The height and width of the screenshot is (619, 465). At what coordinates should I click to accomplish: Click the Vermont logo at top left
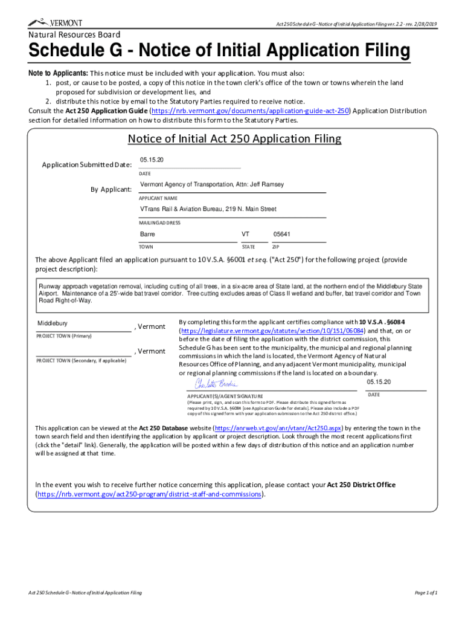pos(55,22)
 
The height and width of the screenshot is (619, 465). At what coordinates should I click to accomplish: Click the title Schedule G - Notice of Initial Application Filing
pos(219,51)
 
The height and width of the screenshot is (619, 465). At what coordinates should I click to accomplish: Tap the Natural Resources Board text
pos(74,35)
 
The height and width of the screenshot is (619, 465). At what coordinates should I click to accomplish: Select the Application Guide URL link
pos(251,111)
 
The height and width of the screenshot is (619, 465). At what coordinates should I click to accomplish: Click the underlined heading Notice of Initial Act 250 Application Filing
pos(234,139)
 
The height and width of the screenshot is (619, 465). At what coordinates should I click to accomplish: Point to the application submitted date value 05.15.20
pos(152,160)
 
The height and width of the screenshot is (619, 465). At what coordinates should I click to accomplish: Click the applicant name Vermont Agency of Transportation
pos(212,184)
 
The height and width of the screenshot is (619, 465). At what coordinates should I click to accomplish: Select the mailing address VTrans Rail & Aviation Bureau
pos(208,209)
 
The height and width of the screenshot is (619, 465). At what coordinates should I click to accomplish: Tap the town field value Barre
pos(147,234)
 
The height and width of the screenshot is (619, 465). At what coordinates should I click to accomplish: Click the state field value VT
pos(246,234)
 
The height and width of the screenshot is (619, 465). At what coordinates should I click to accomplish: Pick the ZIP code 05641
pos(282,234)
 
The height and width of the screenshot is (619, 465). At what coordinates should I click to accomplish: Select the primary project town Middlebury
pos(53,323)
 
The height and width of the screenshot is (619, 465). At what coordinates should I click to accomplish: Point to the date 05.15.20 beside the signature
pos(379,382)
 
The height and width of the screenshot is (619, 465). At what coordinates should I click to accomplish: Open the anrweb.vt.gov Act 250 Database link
pos(279,428)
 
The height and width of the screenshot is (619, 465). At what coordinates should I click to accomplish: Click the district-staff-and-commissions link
pos(149,494)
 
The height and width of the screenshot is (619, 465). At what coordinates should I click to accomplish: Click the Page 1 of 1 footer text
pos(426,592)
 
